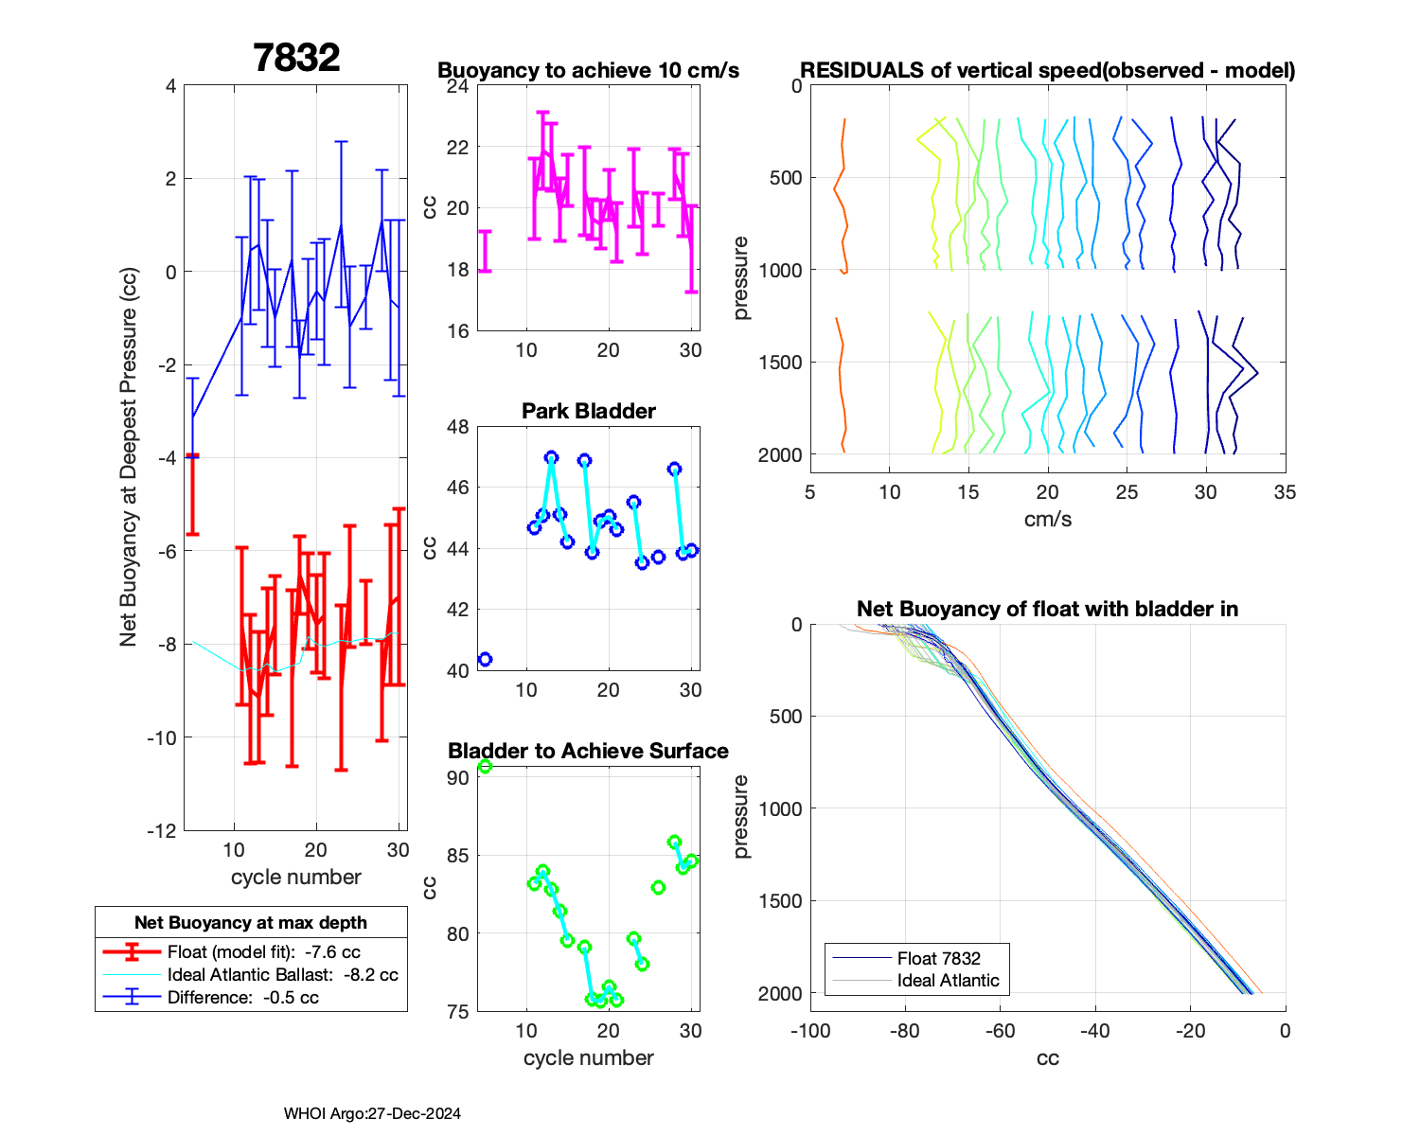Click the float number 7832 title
tap(296, 58)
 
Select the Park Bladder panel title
tap(589, 411)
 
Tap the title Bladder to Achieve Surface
tap(588, 751)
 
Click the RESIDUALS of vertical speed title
tap(1048, 70)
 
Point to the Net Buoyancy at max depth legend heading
tap(251, 922)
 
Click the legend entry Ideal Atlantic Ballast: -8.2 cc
tap(282, 974)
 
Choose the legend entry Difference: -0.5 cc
tap(242, 997)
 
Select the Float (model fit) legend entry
tap(263, 951)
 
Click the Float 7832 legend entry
tap(938, 958)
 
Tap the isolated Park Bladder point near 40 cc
tap(485, 659)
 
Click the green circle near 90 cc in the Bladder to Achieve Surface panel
tap(485, 767)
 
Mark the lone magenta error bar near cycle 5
tap(485, 251)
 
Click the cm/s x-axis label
tap(1048, 519)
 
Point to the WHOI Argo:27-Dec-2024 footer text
tap(372, 1113)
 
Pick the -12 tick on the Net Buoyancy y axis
tap(162, 830)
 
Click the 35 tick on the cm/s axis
tap(1285, 492)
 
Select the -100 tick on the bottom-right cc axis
tap(810, 1031)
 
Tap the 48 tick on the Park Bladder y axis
tap(457, 427)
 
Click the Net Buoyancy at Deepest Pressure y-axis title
tap(129, 457)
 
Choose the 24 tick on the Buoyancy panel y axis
tap(457, 86)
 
